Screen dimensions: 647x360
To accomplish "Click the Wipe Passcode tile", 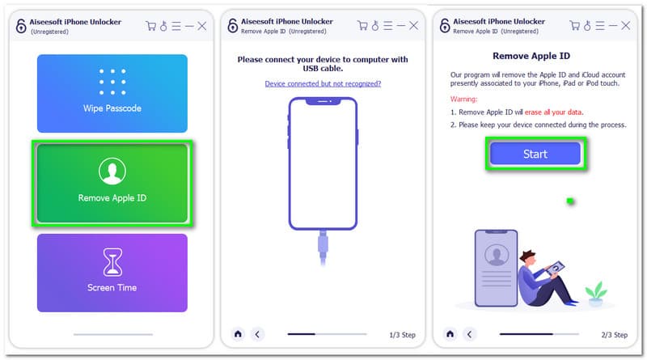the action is click(112, 93).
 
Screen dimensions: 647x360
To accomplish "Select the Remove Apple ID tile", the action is click(112, 184).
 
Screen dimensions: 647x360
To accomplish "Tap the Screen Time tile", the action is click(112, 273).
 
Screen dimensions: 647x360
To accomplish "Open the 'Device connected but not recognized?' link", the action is click(323, 84).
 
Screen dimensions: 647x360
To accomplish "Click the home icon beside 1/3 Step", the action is click(238, 334).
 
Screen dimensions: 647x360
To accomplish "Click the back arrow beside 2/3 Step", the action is click(469, 334).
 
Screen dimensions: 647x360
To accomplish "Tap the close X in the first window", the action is click(201, 27).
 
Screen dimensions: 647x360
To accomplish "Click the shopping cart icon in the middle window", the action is click(362, 26).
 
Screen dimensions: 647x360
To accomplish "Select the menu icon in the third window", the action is click(600, 26).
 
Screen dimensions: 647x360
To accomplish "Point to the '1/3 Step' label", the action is click(402, 335).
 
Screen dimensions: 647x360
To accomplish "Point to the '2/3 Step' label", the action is click(615, 335).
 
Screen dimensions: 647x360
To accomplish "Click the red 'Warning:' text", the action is click(463, 99).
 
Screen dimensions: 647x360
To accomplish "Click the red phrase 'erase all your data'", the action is click(553, 112).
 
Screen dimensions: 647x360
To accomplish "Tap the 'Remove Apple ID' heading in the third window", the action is click(531, 56).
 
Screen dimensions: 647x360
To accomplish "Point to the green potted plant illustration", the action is click(595, 294).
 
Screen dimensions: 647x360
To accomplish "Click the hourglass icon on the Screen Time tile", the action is click(112, 262).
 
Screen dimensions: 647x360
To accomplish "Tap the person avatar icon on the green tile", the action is click(112, 171).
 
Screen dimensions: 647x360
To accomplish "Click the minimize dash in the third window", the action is click(613, 26).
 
